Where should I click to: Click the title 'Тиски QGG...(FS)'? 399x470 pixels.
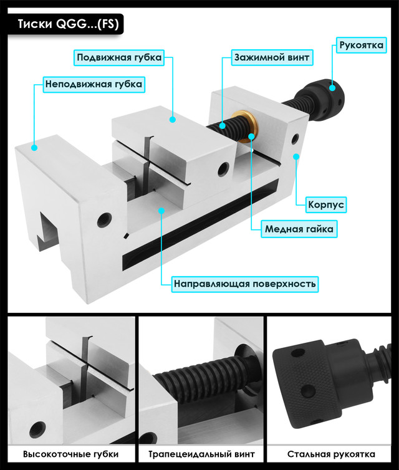click(x=69, y=24)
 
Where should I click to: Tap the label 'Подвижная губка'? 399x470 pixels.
click(x=119, y=57)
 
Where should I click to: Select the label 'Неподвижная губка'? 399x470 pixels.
click(x=94, y=84)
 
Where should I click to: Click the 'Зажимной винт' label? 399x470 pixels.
click(x=272, y=57)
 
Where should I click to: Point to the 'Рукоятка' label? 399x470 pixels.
click(x=361, y=46)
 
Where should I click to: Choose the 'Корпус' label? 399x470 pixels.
click(x=326, y=204)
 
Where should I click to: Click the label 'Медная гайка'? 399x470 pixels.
click(x=299, y=229)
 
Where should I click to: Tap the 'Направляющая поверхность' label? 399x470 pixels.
click(x=244, y=284)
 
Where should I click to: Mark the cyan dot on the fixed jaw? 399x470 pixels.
click(x=34, y=148)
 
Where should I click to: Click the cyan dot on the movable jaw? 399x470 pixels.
click(x=172, y=119)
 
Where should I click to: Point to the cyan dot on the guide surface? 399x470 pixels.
click(x=161, y=211)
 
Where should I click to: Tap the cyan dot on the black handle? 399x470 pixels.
click(x=332, y=88)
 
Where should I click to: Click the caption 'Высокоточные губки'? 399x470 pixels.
click(x=70, y=454)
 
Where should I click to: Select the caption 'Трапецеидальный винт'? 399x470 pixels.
click(x=201, y=454)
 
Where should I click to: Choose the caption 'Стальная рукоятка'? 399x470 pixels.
click(x=331, y=454)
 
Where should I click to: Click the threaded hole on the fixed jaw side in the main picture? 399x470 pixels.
click(x=104, y=219)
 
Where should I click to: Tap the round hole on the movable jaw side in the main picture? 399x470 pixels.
click(x=223, y=169)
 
